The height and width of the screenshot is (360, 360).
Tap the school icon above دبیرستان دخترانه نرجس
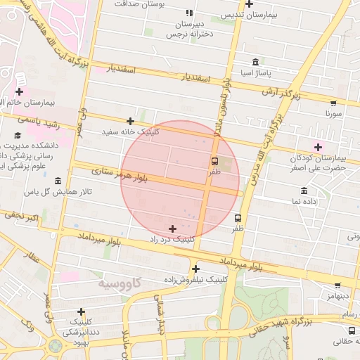tap(188, 13)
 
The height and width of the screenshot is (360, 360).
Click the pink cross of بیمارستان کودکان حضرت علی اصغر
tap(319, 147)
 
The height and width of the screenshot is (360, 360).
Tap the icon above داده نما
tap(304, 191)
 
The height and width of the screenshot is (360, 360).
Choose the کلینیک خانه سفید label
tap(131, 131)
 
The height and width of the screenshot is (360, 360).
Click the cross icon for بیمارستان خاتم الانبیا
tap(18, 91)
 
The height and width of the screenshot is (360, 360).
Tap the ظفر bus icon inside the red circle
tap(214, 161)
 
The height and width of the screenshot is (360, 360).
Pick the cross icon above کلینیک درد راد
tap(173, 229)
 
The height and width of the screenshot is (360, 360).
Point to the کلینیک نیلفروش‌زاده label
tap(195, 279)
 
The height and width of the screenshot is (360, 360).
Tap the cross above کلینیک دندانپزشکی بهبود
tap(82, 311)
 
